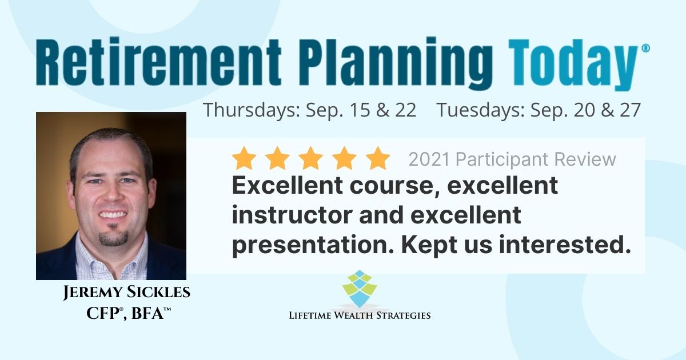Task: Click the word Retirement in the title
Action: click(158, 61)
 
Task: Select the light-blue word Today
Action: click(573, 65)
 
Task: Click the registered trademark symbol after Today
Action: click(645, 49)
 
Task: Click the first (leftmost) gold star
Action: click(244, 158)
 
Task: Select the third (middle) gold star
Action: click(310, 158)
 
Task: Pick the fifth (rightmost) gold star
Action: click(378, 158)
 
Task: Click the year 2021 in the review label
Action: click(429, 159)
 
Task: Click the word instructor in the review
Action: click(292, 215)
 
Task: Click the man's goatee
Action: click(113, 237)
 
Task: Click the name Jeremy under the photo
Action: click(92, 292)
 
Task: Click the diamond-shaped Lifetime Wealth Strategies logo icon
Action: click(360, 289)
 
